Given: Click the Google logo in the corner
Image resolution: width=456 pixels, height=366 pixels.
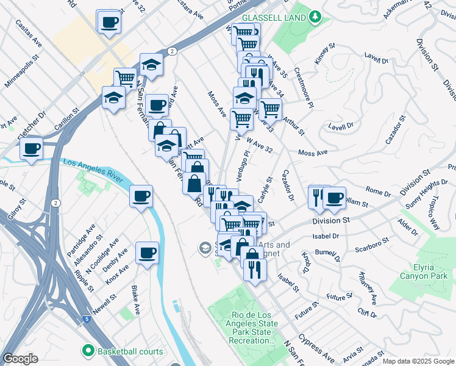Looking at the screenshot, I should (x=20, y=359).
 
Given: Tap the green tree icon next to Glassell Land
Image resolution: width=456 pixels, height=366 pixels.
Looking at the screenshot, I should (x=315, y=16).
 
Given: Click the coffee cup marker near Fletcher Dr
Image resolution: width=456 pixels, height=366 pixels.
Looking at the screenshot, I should (x=32, y=148).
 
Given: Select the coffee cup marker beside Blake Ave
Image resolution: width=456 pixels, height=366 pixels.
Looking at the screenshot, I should (x=147, y=253).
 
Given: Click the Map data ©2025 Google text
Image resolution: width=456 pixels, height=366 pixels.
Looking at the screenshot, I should (x=418, y=361).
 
